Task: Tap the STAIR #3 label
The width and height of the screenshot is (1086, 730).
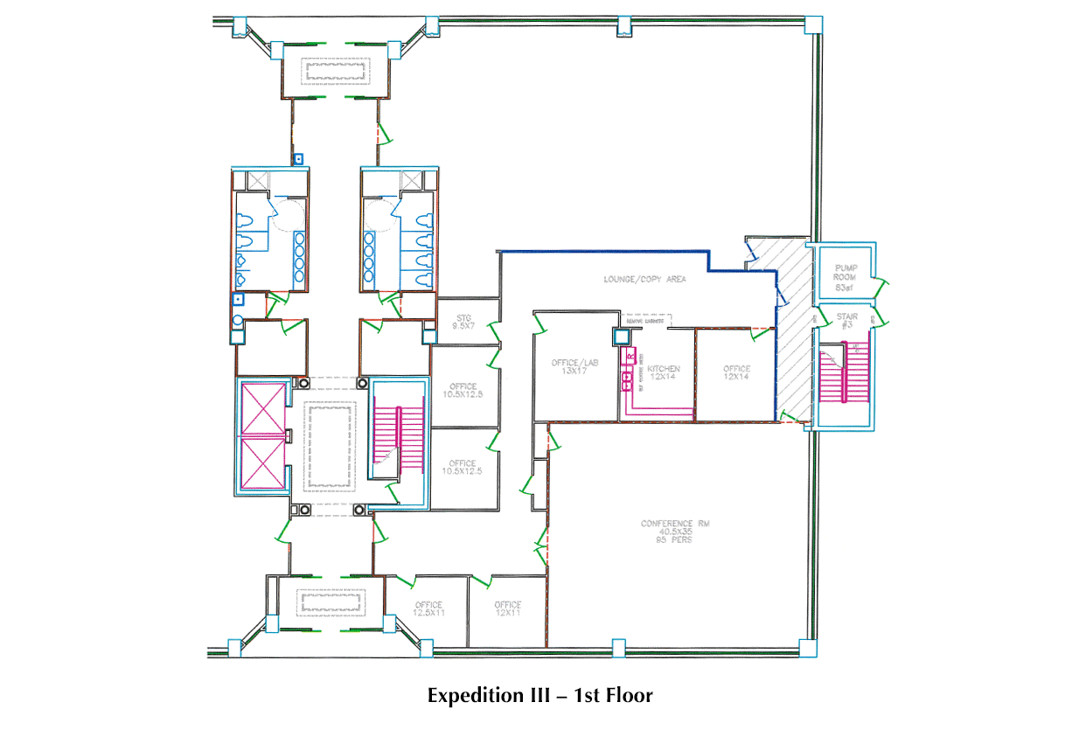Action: pyautogui.click(x=846, y=321)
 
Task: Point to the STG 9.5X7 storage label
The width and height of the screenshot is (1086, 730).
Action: pyautogui.click(x=462, y=322)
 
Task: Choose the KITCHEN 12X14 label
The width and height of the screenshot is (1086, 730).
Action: pyautogui.click(x=663, y=373)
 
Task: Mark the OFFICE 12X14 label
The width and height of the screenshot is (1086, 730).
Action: pyautogui.click(x=736, y=373)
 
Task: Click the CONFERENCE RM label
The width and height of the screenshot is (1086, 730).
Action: pyautogui.click(x=674, y=524)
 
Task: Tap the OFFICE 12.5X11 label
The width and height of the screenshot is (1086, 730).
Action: pyautogui.click(x=428, y=609)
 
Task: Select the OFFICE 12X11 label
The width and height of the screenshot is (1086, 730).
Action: pyautogui.click(x=507, y=609)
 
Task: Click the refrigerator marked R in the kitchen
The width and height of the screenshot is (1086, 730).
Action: pyautogui.click(x=630, y=358)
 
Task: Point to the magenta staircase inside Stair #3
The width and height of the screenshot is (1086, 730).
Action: pyautogui.click(x=843, y=372)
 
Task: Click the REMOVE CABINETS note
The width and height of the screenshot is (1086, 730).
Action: pyautogui.click(x=647, y=322)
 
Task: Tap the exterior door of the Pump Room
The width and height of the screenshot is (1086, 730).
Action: pyautogui.click(x=883, y=285)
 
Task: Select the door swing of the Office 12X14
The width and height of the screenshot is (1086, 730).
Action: pyautogui.click(x=757, y=332)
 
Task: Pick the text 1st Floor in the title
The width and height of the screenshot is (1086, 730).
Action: pyautogui.click(x=613, y=696)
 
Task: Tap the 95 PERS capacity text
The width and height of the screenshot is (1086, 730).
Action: pyautogui.click(x=674, y=540)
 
